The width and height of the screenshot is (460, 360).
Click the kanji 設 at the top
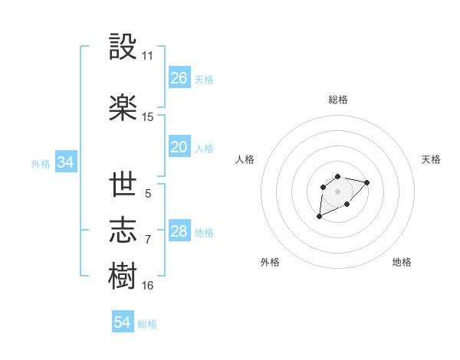click(x=123, y=48)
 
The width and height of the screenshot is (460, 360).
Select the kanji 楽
click(x=123, y=108)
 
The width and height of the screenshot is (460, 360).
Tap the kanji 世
click(x=123, y=186)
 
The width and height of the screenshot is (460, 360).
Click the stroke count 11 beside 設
click(x=147, y=57)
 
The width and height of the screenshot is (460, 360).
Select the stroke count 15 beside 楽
click(x=147, y=117)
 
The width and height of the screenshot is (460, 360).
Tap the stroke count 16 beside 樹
click(x=147, y=286)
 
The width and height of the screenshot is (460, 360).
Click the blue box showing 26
click(x=179, y=78)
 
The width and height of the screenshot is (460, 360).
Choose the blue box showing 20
click(x=179, y=147)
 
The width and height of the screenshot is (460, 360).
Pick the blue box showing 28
click(x=179, y=232)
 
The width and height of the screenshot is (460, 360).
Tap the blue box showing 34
click(x=65, y=162)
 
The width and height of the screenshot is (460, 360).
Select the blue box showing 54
click(x=123, y=323)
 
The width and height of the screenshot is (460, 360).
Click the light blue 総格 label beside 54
click(x=147, y=325)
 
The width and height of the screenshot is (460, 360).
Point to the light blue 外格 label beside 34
click(x=41, y=164)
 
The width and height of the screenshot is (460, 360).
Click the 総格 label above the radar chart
click(x=338, y=100)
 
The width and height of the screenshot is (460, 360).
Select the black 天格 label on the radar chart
click(x=431, y=159)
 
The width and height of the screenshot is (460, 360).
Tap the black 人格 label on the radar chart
click(x=245, y=159)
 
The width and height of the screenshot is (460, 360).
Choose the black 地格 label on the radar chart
click(x=402, y=262)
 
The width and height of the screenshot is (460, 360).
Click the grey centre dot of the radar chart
click(x=337, y=191)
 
